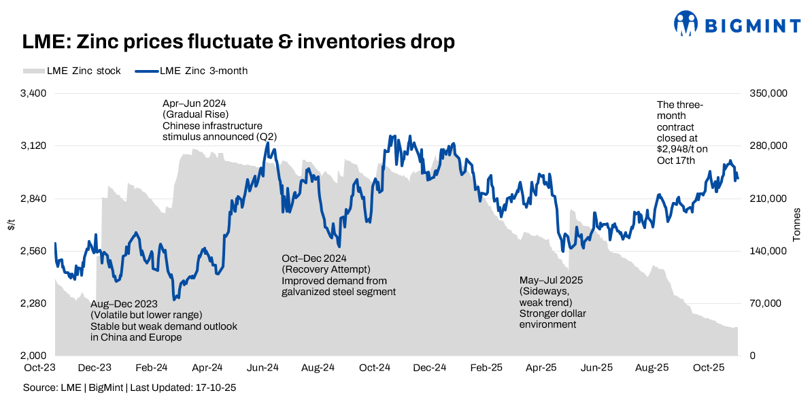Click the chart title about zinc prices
point(238,42)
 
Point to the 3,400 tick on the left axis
point(31,93)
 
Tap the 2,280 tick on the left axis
point(31,303)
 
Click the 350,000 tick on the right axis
point(766,93)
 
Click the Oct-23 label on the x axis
point(39,368)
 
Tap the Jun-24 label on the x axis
point(262,368)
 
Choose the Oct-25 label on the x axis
point(709,368)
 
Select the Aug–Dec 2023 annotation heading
point(124,304)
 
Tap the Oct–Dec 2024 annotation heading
point(314,258)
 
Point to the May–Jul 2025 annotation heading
point(551,280)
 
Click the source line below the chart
point(129,388)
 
